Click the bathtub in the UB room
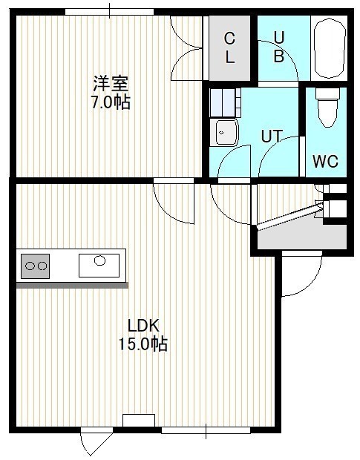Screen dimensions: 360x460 coord(329,48)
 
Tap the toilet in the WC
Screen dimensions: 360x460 coord(327,108)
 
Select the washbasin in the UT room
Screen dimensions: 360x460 coord(224,132)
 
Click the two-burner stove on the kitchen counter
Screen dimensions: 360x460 coord(35,266)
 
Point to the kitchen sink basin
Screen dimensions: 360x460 coord(99,265)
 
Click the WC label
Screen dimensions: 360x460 coord(325,161)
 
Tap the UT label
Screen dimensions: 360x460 coord(272,136)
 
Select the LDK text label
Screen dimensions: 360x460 coord(143,326)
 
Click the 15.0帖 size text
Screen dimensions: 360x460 coord(143,344)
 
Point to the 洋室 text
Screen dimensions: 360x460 coord(111,84)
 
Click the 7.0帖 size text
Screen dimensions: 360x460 coord(111,102)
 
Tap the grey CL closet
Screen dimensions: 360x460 coord(229,48)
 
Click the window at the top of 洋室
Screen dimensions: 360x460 coord(109,12)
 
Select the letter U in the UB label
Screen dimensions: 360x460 coord(279,38)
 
